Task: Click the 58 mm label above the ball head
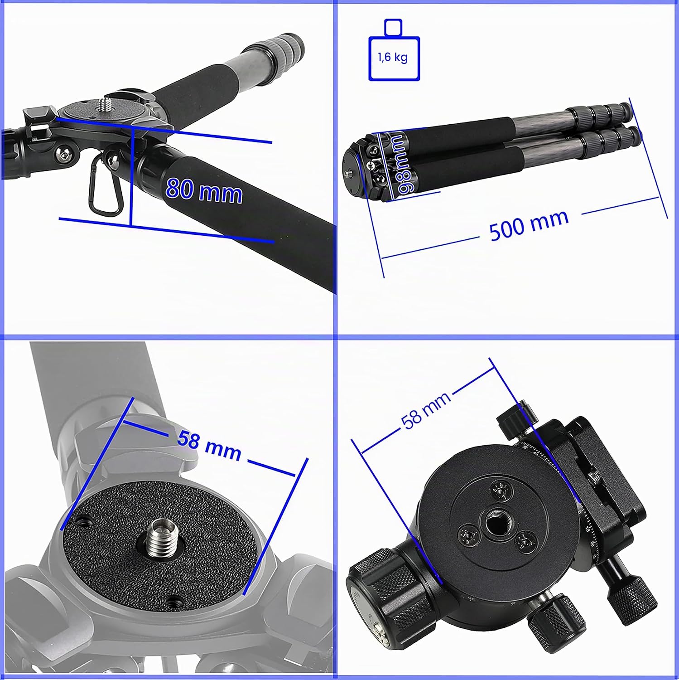[x=426, y=410]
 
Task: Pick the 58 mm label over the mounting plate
[x=209, y=445]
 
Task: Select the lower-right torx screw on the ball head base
[x=525, y=542]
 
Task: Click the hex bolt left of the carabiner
[x=64, y=155]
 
